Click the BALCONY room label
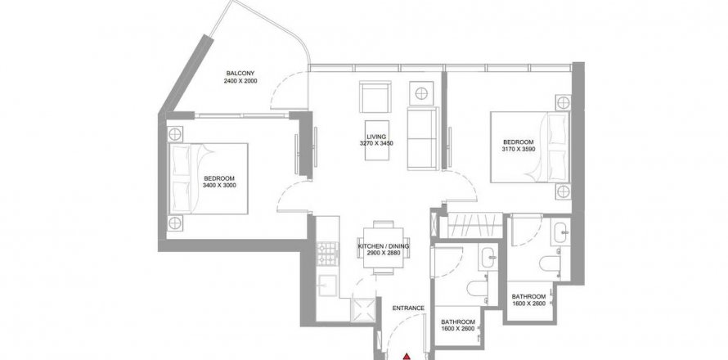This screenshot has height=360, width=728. (x=240, y=74)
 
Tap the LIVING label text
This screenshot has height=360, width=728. (x=376, y=137)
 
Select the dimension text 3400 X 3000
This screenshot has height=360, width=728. (x=219, y=186)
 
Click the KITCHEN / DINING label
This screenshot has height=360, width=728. (x=384, y=246)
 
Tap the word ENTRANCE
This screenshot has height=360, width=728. (x=408, y=308)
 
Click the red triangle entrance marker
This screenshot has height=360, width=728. (x=407, y=357)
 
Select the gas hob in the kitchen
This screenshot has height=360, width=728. (x=328, y=254)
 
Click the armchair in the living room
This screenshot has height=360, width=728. (x=375, y=97)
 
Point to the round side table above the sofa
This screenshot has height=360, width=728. (x=421, y=93)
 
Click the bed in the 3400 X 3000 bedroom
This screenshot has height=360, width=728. (x=208, y=179)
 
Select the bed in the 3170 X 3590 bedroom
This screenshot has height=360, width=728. (x=530, y=146)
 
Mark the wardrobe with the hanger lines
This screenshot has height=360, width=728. (x=474, y=225)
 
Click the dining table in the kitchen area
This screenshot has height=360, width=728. (x=383, y=248)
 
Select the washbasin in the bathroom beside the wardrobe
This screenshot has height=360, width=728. (x=560, y=231)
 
